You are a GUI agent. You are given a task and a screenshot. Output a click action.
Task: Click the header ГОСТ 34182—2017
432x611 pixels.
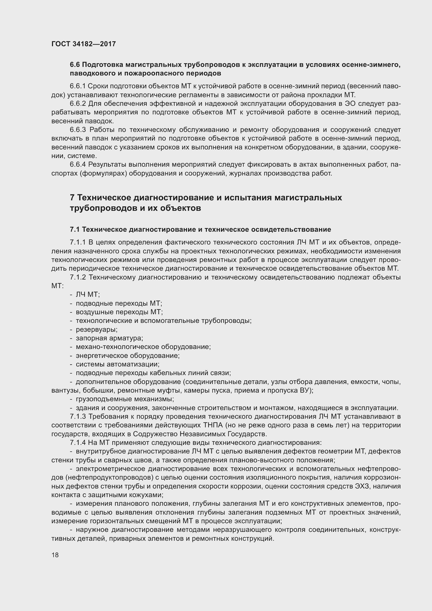point(84,44)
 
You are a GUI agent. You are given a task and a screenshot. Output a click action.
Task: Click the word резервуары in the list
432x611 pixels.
point(96,329)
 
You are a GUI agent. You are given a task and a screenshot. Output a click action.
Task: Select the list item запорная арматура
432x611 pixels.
point(109,338)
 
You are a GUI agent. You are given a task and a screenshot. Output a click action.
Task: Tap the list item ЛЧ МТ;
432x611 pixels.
point(87,294)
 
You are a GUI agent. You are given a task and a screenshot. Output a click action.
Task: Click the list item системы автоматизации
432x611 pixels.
point(117,364)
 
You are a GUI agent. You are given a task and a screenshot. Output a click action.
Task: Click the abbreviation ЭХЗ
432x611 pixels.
point(362,486)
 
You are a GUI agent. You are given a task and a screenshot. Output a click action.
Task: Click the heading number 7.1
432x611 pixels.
point(75,229)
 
